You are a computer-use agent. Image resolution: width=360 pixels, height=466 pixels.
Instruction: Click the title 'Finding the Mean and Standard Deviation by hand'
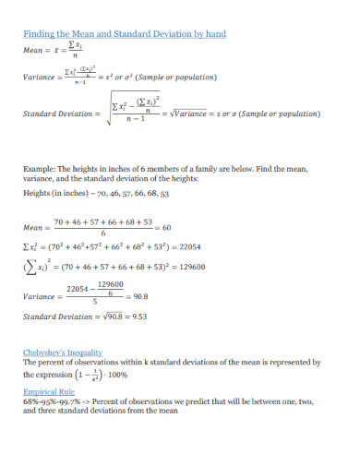point(124,34)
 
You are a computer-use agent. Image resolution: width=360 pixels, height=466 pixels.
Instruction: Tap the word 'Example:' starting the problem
point(40,169)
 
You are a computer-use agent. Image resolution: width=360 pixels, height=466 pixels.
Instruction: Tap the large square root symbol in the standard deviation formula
point(107,114)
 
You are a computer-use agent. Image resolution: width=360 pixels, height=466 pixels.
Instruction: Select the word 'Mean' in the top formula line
point(34,53)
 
